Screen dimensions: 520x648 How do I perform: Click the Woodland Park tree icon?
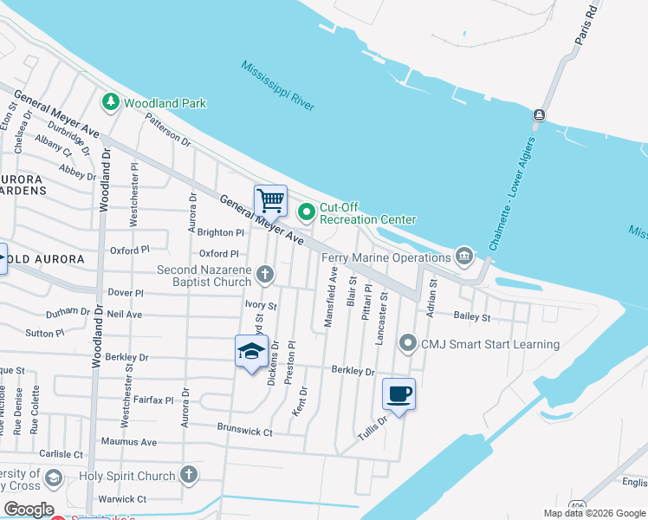coord(111,102)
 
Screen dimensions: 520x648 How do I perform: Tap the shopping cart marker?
coord(270,200)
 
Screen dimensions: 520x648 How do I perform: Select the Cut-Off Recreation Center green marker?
coord(307,211)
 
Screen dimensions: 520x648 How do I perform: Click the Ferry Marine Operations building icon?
coord(464,257)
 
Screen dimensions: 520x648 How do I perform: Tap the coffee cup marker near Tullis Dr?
coord(399,394)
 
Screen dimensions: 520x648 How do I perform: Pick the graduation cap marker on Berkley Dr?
coord(251,351)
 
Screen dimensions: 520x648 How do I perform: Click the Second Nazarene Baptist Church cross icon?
coord(265,276)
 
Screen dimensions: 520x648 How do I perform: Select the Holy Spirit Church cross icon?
coord(189,475)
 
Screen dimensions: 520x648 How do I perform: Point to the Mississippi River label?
coord(278,86)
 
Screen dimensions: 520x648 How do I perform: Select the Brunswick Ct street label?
coord(245,432)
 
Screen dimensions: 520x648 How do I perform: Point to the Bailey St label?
coord(472,317)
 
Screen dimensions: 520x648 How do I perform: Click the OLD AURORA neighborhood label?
coord(49,259)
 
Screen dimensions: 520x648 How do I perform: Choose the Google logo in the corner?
coord(28,509)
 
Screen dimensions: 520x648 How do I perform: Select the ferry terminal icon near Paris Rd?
coord(539,115)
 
